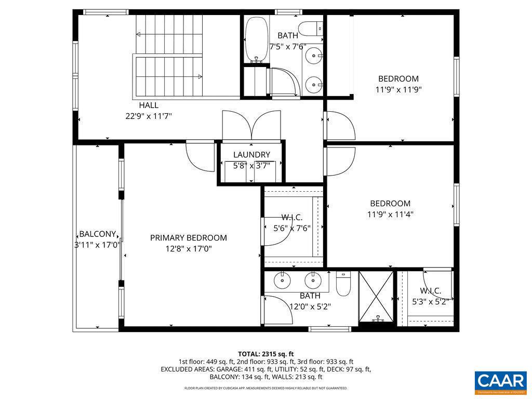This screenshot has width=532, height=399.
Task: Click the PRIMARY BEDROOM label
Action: [x=188, y=238]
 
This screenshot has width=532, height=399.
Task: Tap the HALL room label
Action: [x=149, y=105]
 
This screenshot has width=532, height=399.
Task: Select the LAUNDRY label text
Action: [x=251, y=155]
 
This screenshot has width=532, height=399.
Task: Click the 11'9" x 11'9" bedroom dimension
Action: [x=398, y=89]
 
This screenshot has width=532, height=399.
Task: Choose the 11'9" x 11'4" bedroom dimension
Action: [x=391, y=214]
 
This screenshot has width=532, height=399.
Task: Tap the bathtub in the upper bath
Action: [x=256, y=39]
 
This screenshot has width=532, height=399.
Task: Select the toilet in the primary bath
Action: [x=343, y=284]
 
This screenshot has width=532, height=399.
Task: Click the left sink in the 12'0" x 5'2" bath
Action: [x=282, y=281]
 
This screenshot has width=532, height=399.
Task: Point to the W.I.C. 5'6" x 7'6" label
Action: [x=292, y=222]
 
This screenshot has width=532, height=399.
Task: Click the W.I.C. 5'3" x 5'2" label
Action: [x=430, y=296]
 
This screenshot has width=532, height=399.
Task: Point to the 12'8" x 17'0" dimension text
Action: [x=188, y=249]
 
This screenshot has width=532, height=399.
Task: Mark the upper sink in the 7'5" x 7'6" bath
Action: [x=314, y=54]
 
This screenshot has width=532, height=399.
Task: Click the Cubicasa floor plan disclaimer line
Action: [x=265, y=388]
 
